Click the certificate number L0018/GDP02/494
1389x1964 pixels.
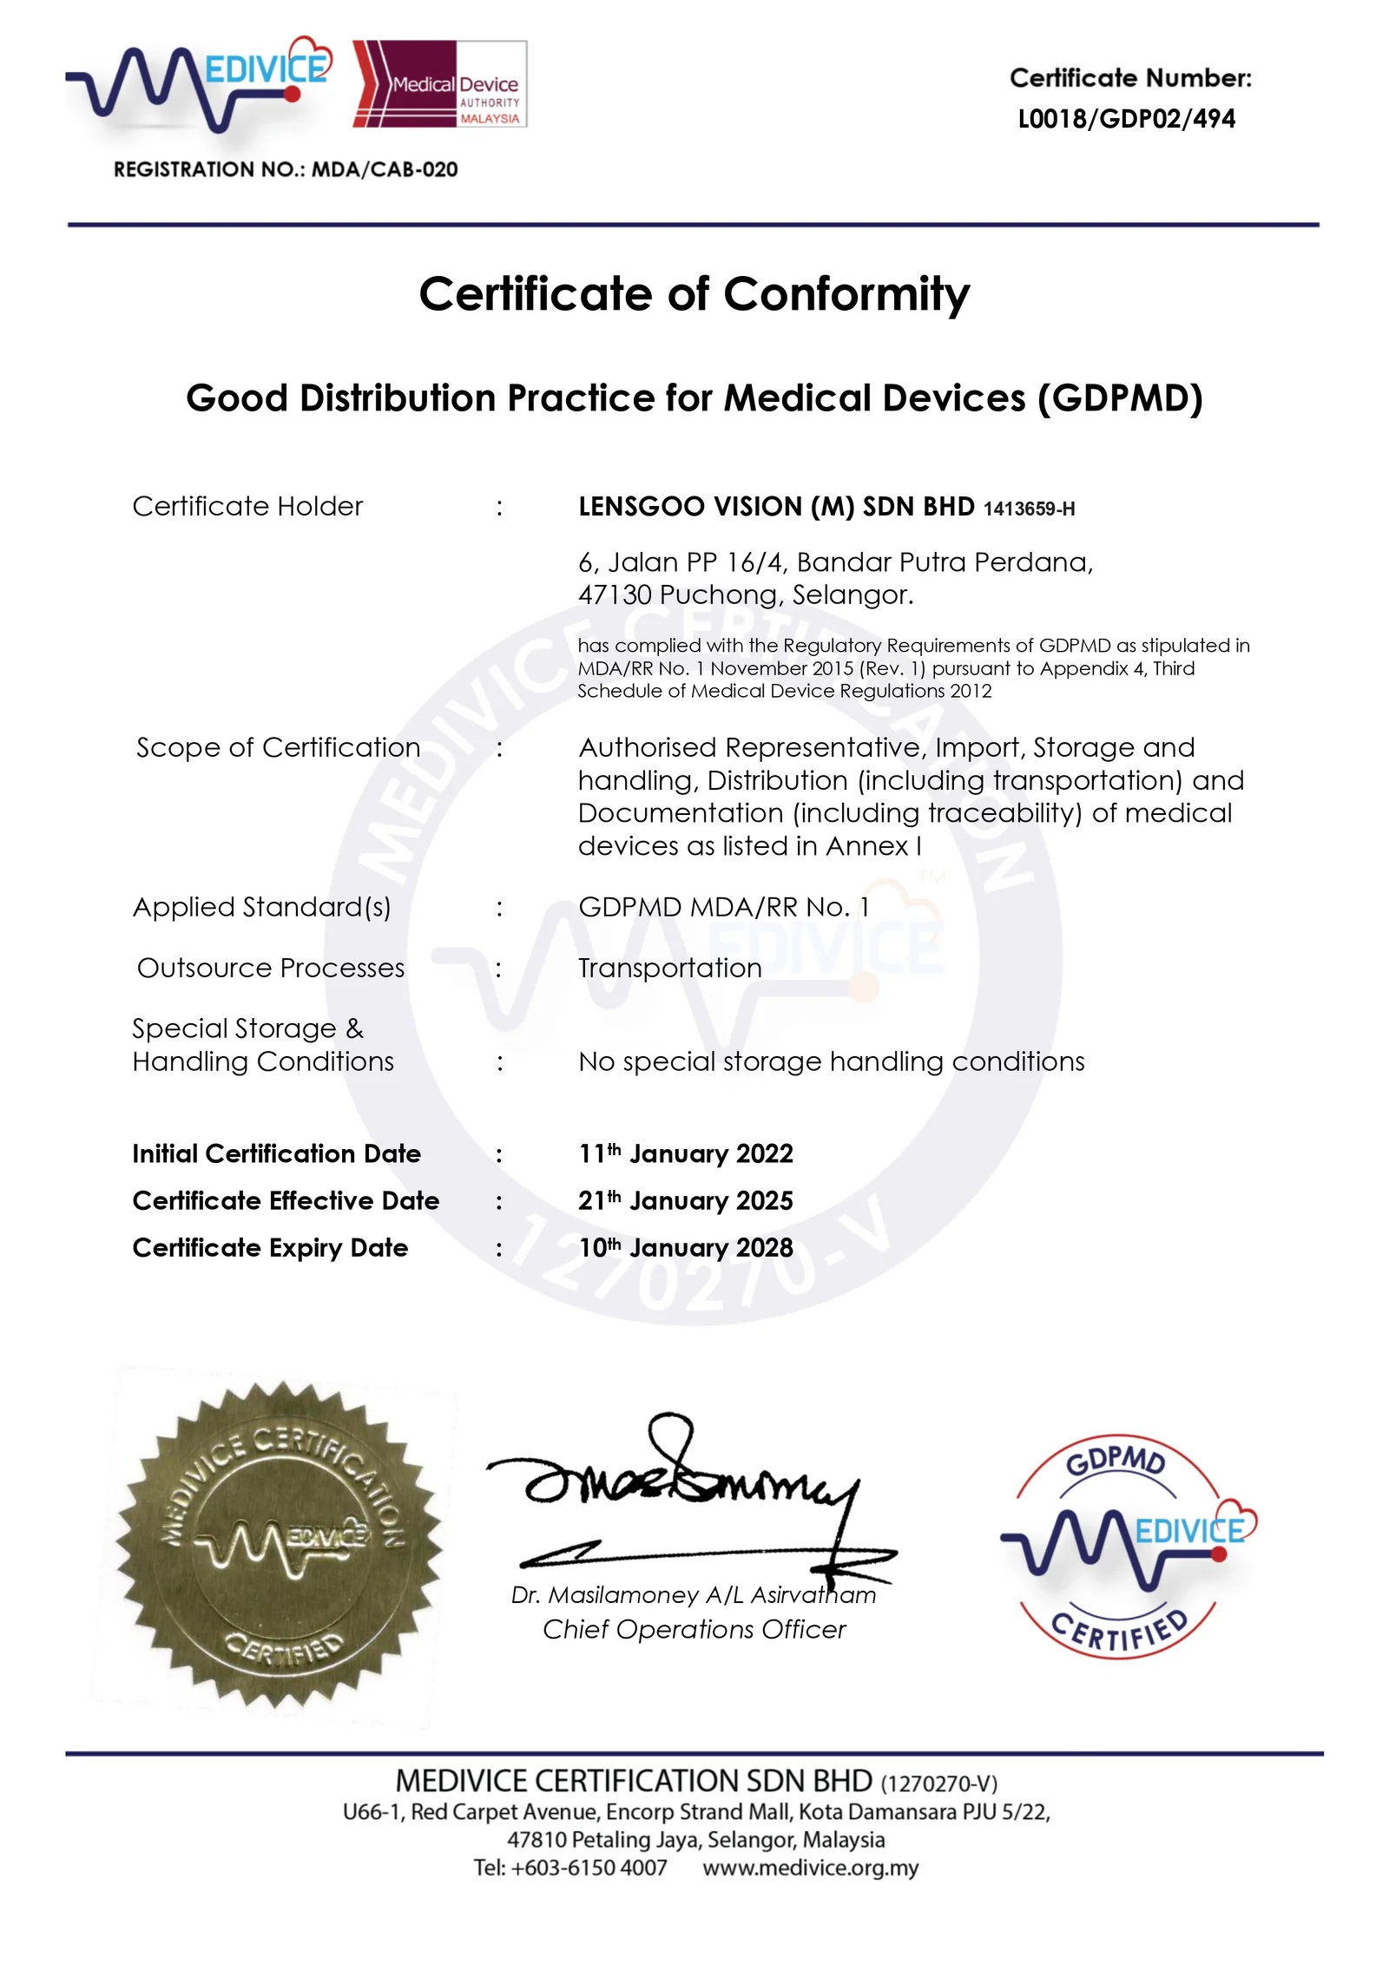1126,118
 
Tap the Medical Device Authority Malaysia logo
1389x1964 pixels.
439,84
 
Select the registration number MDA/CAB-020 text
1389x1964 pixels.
384,169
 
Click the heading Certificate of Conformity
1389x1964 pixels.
694,294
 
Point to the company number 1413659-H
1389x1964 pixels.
1029,509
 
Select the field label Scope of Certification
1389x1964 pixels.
278,747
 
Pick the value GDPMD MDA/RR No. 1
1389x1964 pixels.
723,907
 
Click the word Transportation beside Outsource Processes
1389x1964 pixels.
669,968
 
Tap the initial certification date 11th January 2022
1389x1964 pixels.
685,1153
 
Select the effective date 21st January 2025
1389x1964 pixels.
685,1200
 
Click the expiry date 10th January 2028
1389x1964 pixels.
685,1247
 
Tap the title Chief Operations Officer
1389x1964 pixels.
694,1629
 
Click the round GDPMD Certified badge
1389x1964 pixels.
1127,1546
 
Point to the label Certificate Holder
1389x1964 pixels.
247,506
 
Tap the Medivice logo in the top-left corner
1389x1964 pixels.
200,84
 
